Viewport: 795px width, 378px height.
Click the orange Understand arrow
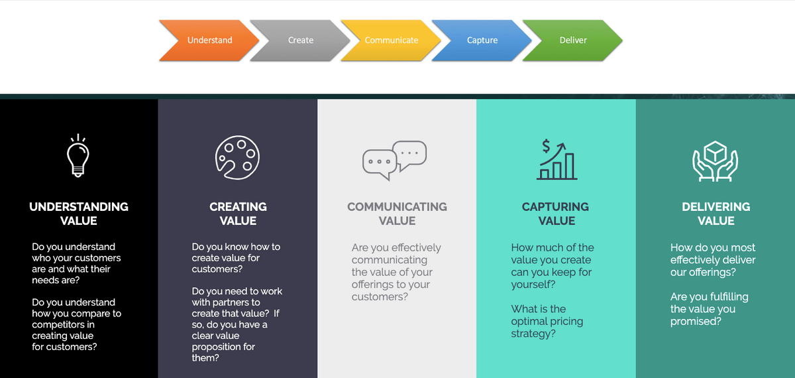(x=209, y=40)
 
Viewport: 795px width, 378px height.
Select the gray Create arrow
(x=300, y=40)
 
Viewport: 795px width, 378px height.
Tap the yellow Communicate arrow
(x=391, y=40)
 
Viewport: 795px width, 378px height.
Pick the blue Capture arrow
(x=482, y=40)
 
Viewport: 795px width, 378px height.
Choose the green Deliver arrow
(x=573, y=40)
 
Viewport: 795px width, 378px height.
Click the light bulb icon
(x=78, y=157)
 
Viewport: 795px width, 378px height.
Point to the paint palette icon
(x=237, y=157)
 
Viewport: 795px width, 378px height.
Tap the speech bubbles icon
(x=395, y=160)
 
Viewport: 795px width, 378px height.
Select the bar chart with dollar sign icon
(x=556, y=160)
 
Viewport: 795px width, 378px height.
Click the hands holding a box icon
(x=715, y=161)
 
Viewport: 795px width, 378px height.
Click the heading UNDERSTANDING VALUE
(x=79, y=214)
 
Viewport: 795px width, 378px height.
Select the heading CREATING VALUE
(x=238, y=214)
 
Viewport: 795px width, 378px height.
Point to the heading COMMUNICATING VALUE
(x=397, y=214)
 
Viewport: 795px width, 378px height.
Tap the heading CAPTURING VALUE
(x=555, y=214)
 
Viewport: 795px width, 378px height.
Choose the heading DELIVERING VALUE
(x=716, y=214)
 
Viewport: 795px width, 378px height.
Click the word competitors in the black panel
(x=63, y=325)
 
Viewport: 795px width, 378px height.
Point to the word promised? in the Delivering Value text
(x=696, y=322)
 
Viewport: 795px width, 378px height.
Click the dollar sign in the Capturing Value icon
(x=546, y=146)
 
